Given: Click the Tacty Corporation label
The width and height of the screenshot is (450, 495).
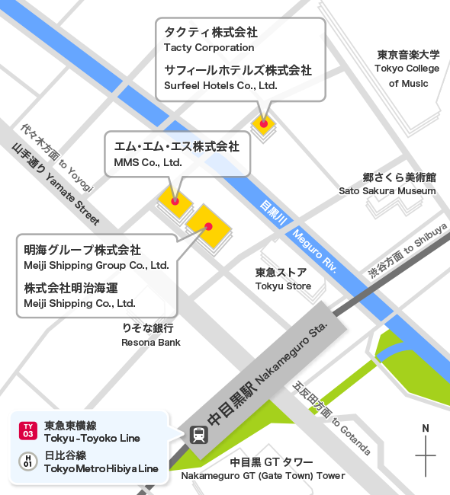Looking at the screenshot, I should click(x=209, y=48).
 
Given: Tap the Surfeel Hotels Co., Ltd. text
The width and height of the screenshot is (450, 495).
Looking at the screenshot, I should click(x=220, y=85).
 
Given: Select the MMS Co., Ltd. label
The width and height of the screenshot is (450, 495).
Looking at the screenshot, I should click(x=147, y=162).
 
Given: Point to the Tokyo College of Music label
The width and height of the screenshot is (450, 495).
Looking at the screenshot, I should click(x=408, y=69).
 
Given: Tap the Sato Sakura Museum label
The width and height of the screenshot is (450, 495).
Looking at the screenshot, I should click(x=387, y=190).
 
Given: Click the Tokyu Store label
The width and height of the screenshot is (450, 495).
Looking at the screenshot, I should click(x=283, y=286).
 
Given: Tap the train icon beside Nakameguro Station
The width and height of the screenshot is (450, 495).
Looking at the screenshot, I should click(x=198, y=434).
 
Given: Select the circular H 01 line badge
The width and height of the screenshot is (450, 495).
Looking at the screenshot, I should click(x=28, y=461).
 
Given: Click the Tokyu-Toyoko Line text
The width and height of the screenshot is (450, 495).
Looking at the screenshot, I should click(x=92, y=439).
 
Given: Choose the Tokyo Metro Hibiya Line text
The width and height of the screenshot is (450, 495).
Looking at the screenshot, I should click(x=101, y=468).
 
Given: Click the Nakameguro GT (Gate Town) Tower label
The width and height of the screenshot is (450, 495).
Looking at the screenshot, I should click(x=263, y=476).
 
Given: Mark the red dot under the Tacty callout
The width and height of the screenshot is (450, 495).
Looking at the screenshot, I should click(x=264, y=123).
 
